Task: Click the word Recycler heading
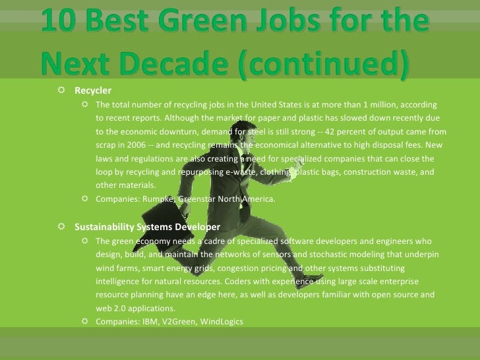coord(93,91)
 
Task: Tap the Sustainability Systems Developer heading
coord(147,227)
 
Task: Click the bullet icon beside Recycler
coord(61,91)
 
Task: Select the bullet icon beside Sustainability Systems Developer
coord(61,227)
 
